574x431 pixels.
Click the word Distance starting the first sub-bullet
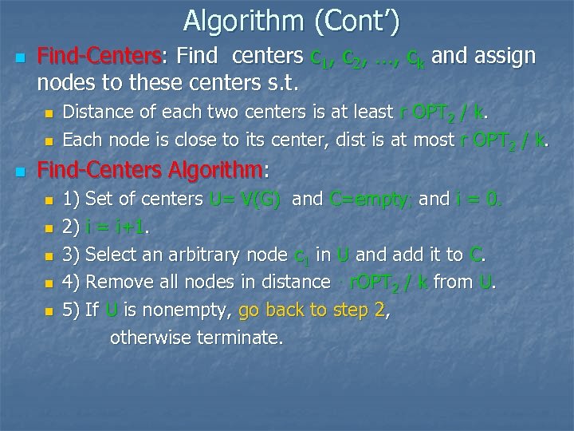[97, 112]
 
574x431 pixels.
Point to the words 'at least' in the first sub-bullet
[358, 112]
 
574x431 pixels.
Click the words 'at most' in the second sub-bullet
[425, 140]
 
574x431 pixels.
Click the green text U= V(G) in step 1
[244, 199]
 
